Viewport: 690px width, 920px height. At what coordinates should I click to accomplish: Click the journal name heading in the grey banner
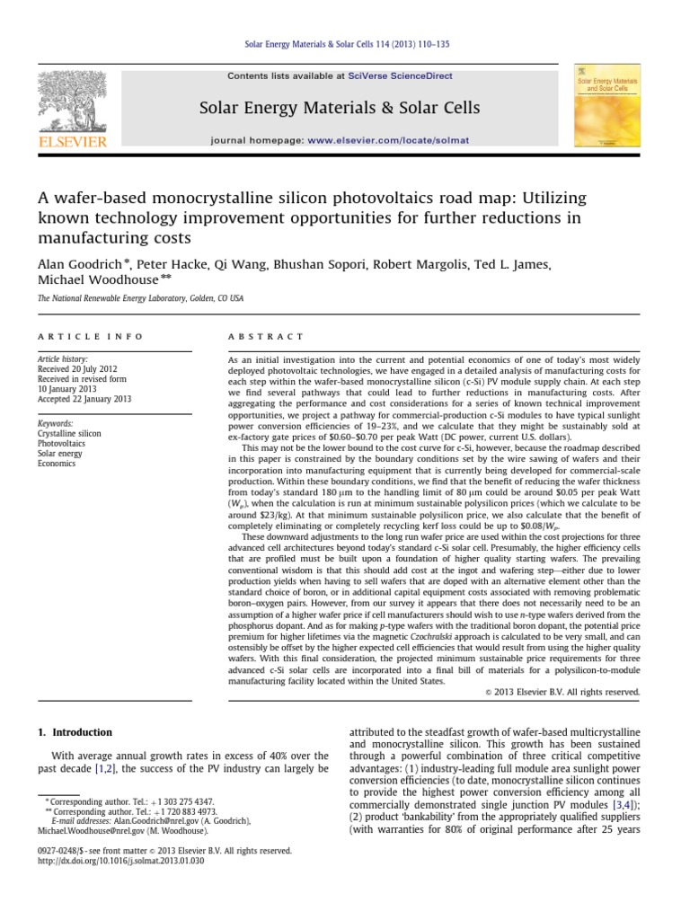[x=339, y=109]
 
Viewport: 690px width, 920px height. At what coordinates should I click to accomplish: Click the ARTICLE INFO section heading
[x=89, y=336]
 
